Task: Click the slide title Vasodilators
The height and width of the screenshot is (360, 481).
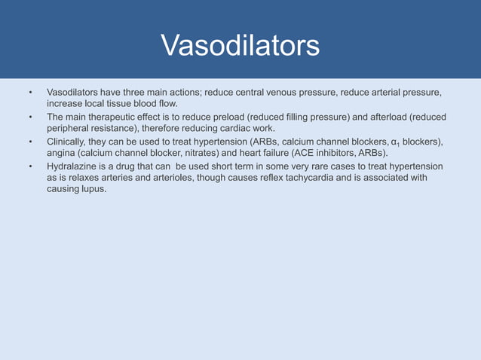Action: click(240, 46)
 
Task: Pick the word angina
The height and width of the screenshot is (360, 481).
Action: click(61, 153)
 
